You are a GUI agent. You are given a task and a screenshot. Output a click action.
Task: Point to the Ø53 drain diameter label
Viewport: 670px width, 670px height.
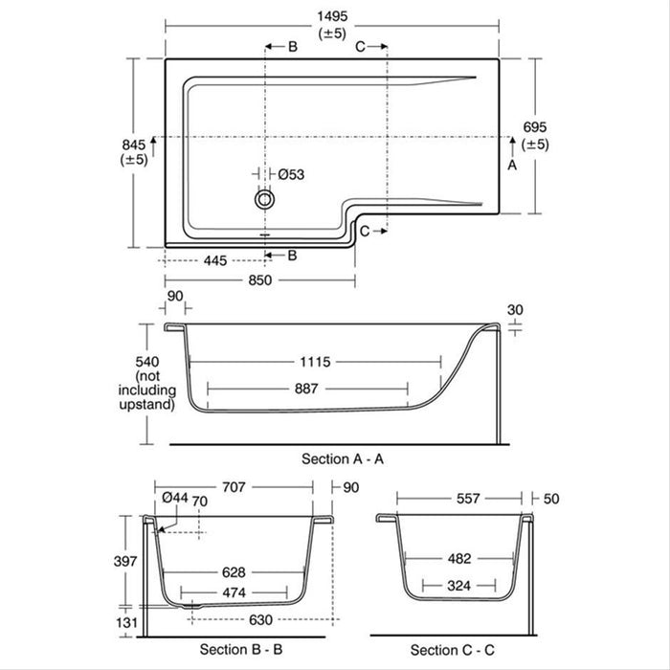point(291,174)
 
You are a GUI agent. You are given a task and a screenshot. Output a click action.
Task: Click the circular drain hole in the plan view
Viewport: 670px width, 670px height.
point(264,199)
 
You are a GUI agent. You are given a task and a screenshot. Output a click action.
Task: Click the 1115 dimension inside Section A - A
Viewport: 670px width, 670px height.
point(315,362)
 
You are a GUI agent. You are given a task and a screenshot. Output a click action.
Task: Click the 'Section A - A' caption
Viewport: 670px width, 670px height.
point(343,458)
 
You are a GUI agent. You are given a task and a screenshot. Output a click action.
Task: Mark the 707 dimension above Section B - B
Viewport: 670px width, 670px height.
point(234,486)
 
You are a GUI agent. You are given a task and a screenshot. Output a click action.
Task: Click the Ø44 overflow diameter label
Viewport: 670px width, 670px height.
point(174,497)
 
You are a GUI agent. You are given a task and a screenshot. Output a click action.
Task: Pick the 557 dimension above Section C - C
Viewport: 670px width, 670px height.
point(458,498)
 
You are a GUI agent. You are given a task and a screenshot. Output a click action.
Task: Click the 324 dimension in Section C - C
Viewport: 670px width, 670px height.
point(458,584)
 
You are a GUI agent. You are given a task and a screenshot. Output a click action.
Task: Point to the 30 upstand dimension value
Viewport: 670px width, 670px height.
point(517,309)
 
